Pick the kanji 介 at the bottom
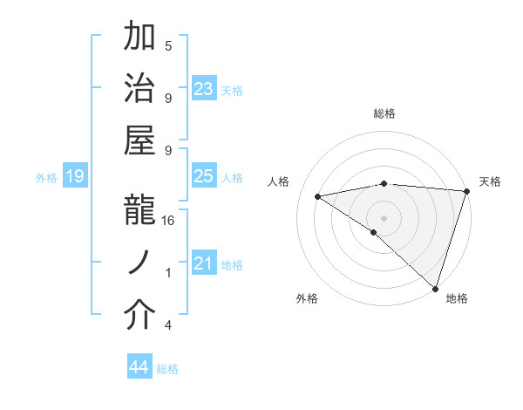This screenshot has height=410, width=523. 140,316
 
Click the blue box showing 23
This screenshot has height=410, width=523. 204,88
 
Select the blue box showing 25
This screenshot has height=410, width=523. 204,176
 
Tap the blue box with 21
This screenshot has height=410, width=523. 204,263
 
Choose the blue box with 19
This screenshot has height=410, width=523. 74,176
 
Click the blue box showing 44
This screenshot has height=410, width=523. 139,367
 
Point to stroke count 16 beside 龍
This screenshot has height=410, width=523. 169,221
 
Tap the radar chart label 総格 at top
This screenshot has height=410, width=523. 384,113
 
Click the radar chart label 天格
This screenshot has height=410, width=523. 490,181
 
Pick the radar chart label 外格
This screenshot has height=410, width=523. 307,298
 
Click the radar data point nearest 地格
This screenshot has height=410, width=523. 436,288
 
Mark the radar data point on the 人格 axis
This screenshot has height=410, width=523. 318,196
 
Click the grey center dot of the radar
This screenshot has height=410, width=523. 384,216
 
